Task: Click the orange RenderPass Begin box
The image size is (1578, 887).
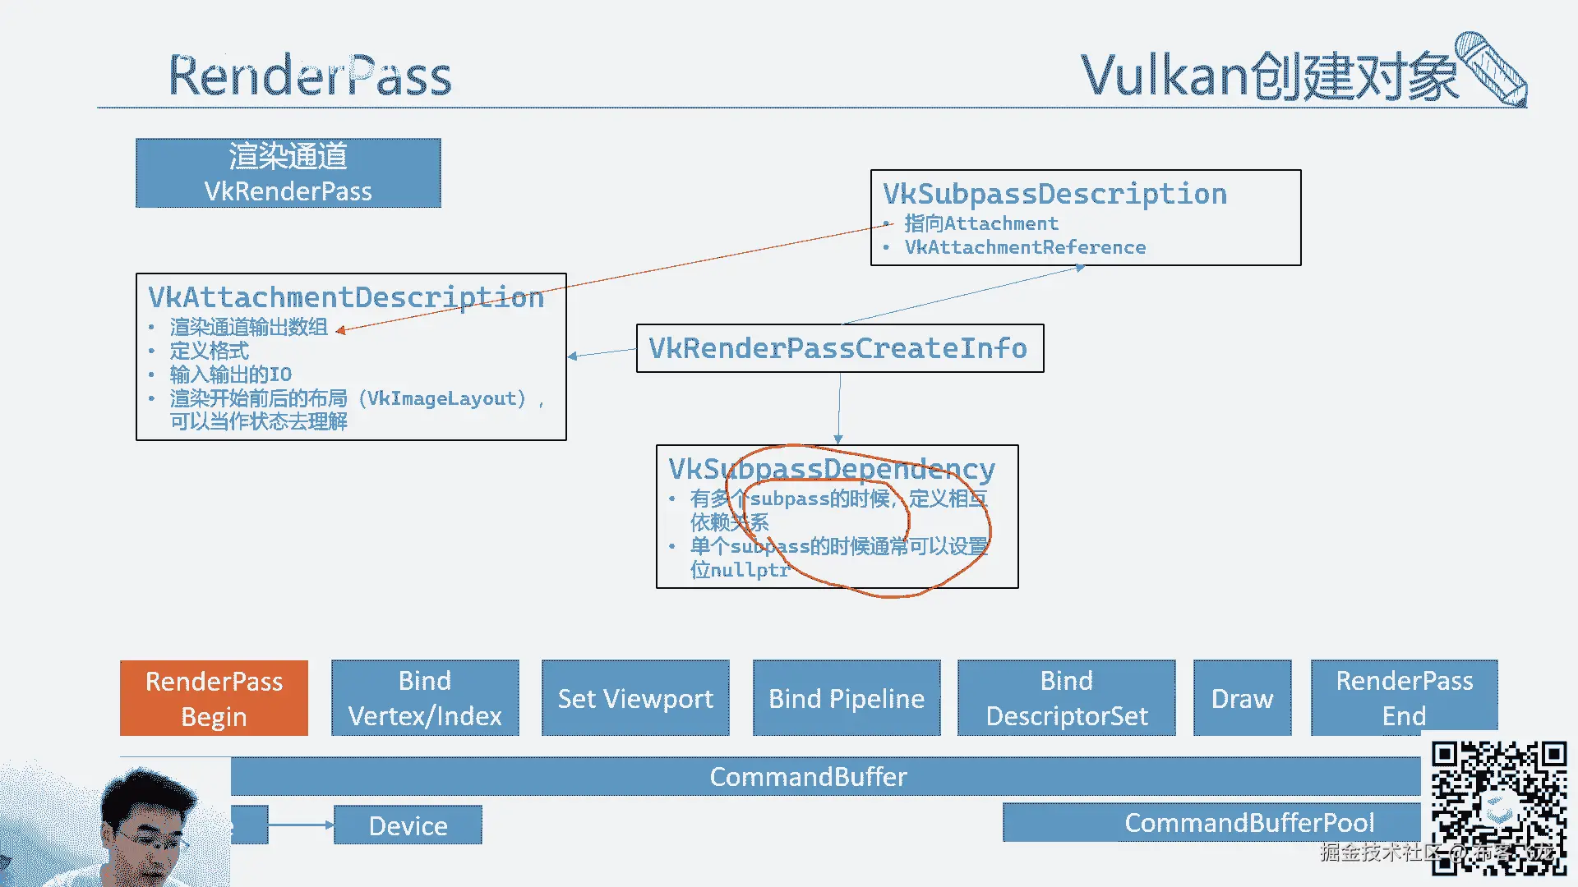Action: click(214, 698)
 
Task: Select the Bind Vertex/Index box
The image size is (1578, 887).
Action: click(425, 698)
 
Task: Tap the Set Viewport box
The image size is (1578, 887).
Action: click(635, 698)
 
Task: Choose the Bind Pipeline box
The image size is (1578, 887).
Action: click(847, 698)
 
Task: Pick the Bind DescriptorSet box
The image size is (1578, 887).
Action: click(1067, 698)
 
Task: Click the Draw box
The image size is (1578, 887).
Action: click(1242, 698)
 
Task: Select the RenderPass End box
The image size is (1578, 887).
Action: click(1404, 698)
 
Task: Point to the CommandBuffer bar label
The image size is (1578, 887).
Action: click(808, 777)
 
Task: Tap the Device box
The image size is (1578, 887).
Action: click(408, 825)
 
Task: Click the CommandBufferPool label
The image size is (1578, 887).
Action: click(1248, 823)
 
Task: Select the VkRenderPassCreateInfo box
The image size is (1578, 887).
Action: click(839, 348)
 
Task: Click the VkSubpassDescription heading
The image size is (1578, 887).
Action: click(1054, 195)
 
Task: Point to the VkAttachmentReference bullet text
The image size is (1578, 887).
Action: click(1025, 248)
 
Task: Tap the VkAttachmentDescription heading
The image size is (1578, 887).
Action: click(346, 297)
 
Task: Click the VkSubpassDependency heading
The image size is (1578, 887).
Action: click(832, 469)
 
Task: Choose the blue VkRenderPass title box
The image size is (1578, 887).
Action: click(288, 173)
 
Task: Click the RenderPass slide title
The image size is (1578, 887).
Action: click(310, 76)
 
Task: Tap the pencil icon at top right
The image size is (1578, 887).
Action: click(1492, 70)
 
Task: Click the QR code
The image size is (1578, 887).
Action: click(1498, 805)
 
